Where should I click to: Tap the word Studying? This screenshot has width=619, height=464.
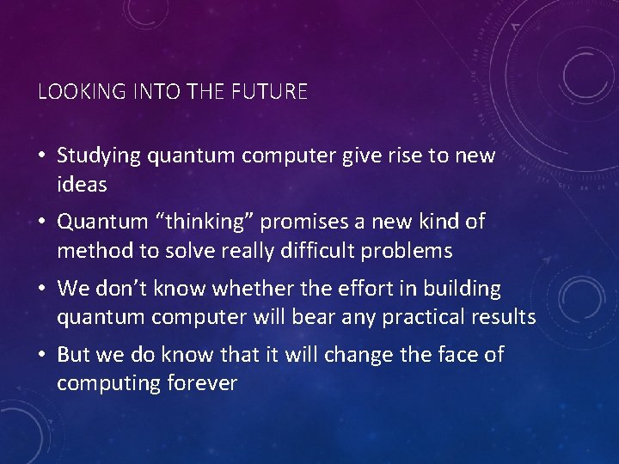click(99, 156)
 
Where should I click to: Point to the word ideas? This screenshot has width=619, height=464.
click(82, 184)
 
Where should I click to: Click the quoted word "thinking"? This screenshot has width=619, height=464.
click(204, 222)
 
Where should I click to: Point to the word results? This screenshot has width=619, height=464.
click(504, 317)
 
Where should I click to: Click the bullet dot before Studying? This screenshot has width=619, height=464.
click(43, 156)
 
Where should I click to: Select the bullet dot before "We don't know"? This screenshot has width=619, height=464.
click(43, 290)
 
